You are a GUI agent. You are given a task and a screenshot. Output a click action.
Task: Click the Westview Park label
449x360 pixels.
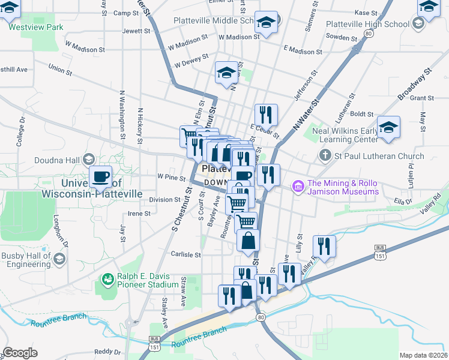pyautogui.click(x=35, y=27)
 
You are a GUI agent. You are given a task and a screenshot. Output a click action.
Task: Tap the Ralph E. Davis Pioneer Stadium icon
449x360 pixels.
pyautogui.click(x=108, y=279)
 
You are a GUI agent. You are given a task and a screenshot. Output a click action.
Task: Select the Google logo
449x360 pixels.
pyautogui.click(x=20, y=353)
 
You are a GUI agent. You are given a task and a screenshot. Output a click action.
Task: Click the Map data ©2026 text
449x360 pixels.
pyautogui.click(x=423, y=355)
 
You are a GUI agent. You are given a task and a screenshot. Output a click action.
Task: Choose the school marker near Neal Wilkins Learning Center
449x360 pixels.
pyautogui.click(x=389, y=127)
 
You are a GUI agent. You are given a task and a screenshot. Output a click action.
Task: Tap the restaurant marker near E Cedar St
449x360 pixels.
pyautogui.click(x=266, y=114)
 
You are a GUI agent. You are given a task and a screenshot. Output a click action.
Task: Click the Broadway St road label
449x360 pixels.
pyautogui.click(x=414, y=84)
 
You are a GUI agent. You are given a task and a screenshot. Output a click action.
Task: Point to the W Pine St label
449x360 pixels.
pyautogui.click(x=171, y=177)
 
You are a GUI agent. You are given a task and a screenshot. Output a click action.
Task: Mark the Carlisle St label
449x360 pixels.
pyautogui.click(x=185, y=254)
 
